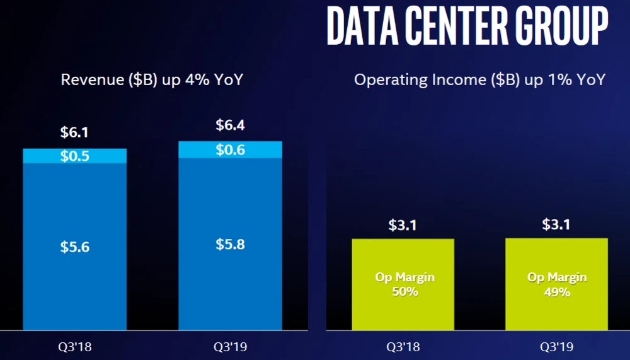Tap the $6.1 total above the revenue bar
(x=74, y=133)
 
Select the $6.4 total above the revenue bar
(x=230, y=125)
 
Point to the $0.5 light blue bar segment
(x=74, y=156)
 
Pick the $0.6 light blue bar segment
(x=230, y=149)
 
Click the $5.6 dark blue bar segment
(x=74, y=247)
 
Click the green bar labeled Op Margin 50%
(x=403, y=284)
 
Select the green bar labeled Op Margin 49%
(x=556, y=284)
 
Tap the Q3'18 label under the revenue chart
(x=74, y=346)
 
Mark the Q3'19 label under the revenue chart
(x=230, y=346)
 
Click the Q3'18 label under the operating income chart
(x=403, y=346)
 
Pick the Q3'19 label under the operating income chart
(x=556, y=346)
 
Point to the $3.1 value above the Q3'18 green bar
(x=403, y=224)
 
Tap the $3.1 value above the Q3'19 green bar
(x=556, y=224)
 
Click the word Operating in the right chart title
(x=384, y=80)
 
